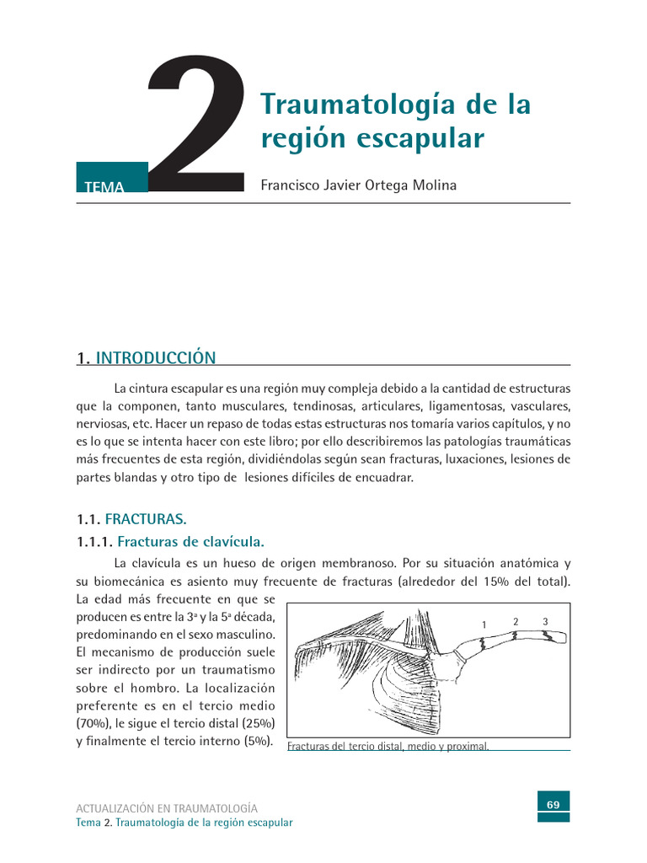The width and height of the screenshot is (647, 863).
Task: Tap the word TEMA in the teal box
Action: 104,187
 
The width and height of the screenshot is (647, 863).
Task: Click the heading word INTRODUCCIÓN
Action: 156,358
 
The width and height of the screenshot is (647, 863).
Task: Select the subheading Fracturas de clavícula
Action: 196,541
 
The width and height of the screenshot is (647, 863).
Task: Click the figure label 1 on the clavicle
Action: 484,624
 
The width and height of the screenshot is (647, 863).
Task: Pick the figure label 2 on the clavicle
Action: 516,621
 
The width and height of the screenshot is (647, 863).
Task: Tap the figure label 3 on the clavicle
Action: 545,621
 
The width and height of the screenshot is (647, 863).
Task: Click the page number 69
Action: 553,804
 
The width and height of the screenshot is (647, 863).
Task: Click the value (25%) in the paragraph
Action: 258,723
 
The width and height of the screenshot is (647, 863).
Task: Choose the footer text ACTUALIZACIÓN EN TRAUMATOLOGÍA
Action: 167,807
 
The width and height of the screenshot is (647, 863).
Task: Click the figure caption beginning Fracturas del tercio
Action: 388,746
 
